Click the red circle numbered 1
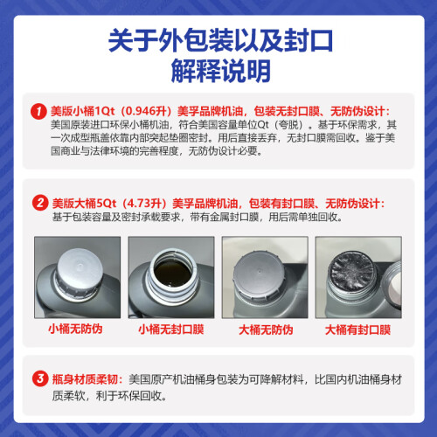click(x=38, y=111)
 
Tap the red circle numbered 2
click(x=40, y=203)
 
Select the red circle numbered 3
click(x=40, y=378)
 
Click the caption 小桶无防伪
click(x=75, y=329)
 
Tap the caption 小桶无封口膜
click(x=171, y=329)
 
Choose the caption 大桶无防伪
click(x=266, y=330)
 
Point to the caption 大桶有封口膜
click(x=357, y=330)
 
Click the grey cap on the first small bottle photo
click(x=79, y=272)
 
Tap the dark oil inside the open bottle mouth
click(x=173, y=274)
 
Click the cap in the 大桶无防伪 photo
click(x=259, y=274)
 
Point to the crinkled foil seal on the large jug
click(x=351, y=270)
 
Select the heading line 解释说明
click(x=220, y=71)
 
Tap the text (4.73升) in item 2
click(x=144, y=203)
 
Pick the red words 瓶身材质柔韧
click(x=85, y=379)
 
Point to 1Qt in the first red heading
click(x=105, y=111)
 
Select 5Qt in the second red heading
click(x=106, y=203)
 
